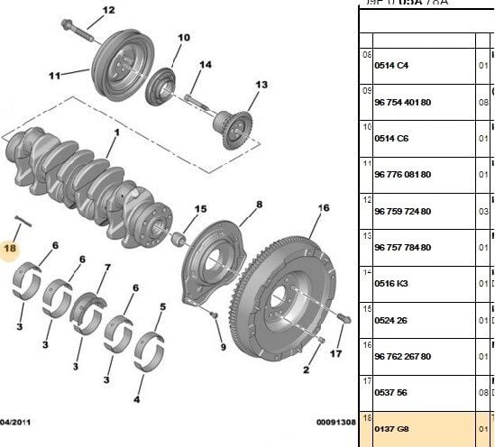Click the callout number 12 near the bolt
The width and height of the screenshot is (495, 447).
[108, 11]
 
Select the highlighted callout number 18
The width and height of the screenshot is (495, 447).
[11, 248]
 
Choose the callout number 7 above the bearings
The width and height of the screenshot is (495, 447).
[108, 268]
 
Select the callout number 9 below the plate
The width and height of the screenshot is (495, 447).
[223, 348]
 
